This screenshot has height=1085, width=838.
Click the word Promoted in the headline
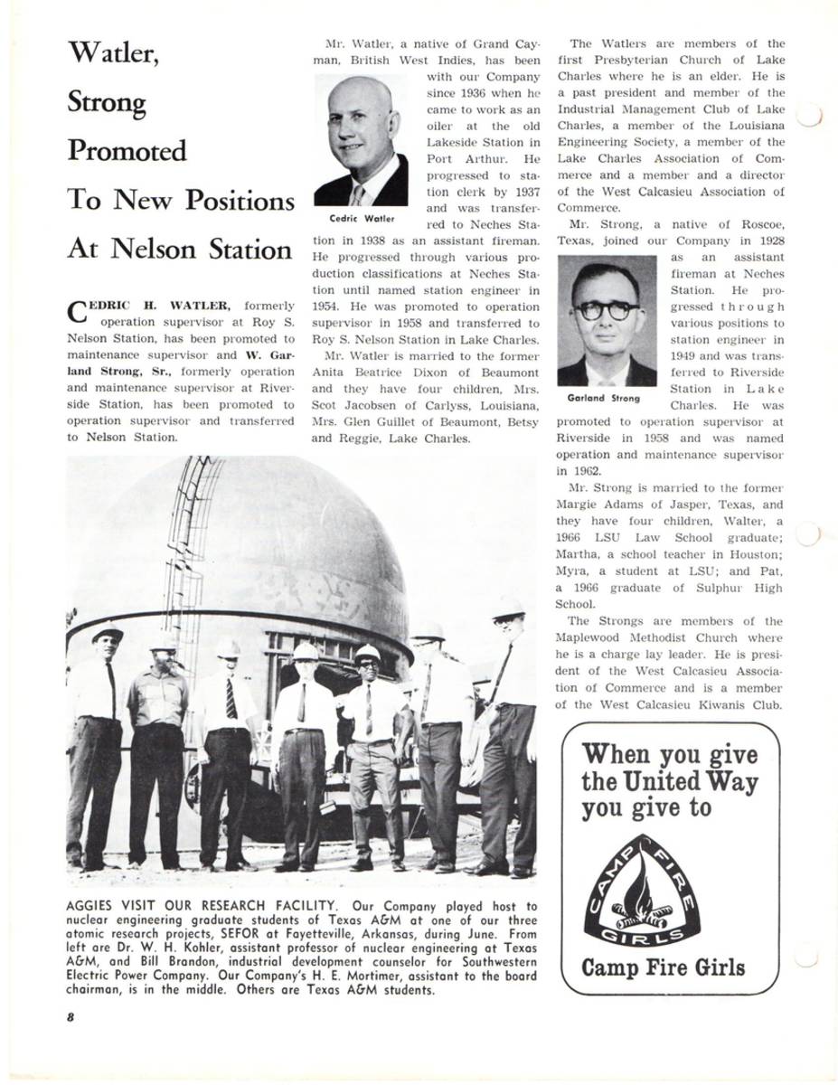point(127,151)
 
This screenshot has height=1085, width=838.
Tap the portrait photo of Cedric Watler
point(361,141)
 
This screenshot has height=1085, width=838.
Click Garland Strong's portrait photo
point(607,322)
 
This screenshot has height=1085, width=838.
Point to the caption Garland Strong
point(604,398)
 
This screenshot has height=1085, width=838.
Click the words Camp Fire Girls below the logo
point(663,967)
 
